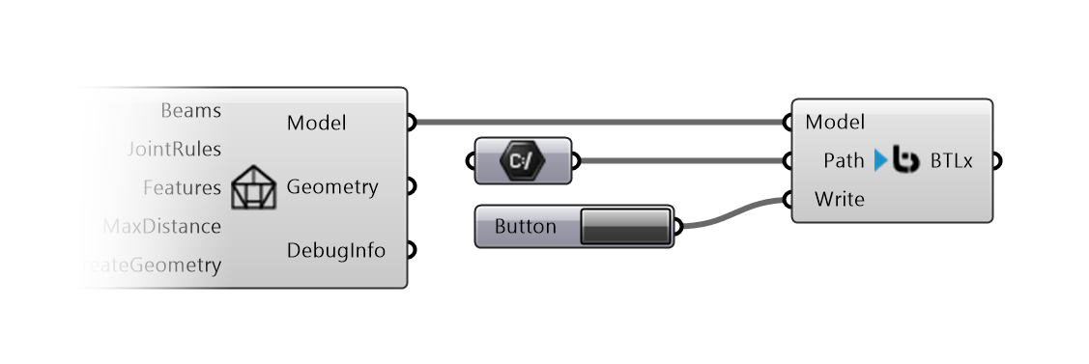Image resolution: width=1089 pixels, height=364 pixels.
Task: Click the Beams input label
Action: tap(190, 111)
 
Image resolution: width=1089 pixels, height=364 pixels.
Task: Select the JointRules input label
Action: tap(174, 149)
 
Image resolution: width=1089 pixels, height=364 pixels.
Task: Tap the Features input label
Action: tap(182, 187)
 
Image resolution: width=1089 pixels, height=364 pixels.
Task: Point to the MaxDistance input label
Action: tap(161, 227)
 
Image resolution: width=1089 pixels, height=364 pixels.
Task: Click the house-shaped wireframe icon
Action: tap(253, 187)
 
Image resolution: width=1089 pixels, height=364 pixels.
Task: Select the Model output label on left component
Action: tap(316, 123)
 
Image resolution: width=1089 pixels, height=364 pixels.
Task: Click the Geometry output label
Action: tap(331, 186)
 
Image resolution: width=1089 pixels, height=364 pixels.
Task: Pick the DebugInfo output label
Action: tap(335, 250)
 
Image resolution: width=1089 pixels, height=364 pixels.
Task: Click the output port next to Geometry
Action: tap(411, 186)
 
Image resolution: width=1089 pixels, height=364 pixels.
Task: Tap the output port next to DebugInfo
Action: tap(411, 250)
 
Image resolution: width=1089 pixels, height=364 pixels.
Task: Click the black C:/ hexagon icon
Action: tap(523, 160)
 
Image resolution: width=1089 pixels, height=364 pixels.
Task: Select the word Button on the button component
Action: tap(525, 227)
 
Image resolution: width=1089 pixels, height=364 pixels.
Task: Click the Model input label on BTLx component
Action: tap(834, 123)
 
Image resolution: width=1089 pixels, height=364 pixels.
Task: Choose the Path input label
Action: tap(844, 160)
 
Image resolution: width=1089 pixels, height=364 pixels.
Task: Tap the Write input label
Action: tap(839, 200)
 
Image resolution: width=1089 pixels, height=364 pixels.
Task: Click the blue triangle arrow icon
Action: tap(880, 160)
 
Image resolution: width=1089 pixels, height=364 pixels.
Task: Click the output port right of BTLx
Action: tap(996, 160)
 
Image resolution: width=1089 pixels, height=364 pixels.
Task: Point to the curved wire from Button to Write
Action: tap(730, 214)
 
